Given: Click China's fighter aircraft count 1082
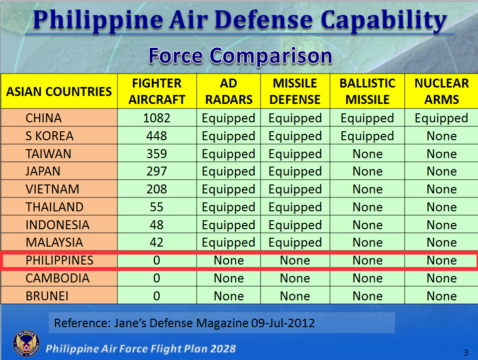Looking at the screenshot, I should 157,118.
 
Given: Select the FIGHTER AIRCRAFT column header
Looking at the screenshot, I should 157,91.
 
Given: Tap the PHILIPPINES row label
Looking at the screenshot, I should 60,261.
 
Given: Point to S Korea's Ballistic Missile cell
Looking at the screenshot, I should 367,136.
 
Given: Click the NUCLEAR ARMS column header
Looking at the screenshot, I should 441,91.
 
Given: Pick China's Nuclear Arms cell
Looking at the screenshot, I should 441,118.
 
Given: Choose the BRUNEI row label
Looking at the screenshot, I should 47,296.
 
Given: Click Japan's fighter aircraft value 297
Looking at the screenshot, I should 157,172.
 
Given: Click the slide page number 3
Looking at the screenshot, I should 466,353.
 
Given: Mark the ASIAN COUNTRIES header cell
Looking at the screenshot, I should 59,91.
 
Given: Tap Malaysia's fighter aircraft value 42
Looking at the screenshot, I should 157,243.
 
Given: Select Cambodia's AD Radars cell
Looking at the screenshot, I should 229,278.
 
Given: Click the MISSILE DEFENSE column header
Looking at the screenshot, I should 295,91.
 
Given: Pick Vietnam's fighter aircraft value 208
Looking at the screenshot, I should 157,189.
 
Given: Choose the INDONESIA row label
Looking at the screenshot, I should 58,225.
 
